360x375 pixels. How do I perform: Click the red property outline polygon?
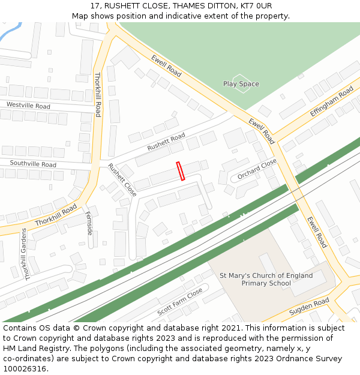tap(181, 171)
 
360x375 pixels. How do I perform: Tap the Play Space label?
tap(241, 84)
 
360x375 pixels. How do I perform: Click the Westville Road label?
tap(28, 105)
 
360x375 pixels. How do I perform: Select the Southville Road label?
tap(33, 164)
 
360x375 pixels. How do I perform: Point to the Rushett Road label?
tap(166, 143)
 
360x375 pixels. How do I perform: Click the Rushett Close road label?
tap(122, 179)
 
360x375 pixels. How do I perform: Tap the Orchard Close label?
tap(257, 169)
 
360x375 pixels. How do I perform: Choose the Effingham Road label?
tap(331, 101)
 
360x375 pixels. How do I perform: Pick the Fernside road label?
tap(89, 223)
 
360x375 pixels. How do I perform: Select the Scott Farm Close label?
tap(180, 302)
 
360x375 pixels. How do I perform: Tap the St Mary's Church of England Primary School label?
tap(266, 280)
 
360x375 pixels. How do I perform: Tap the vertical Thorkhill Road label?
tap(98, 94)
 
